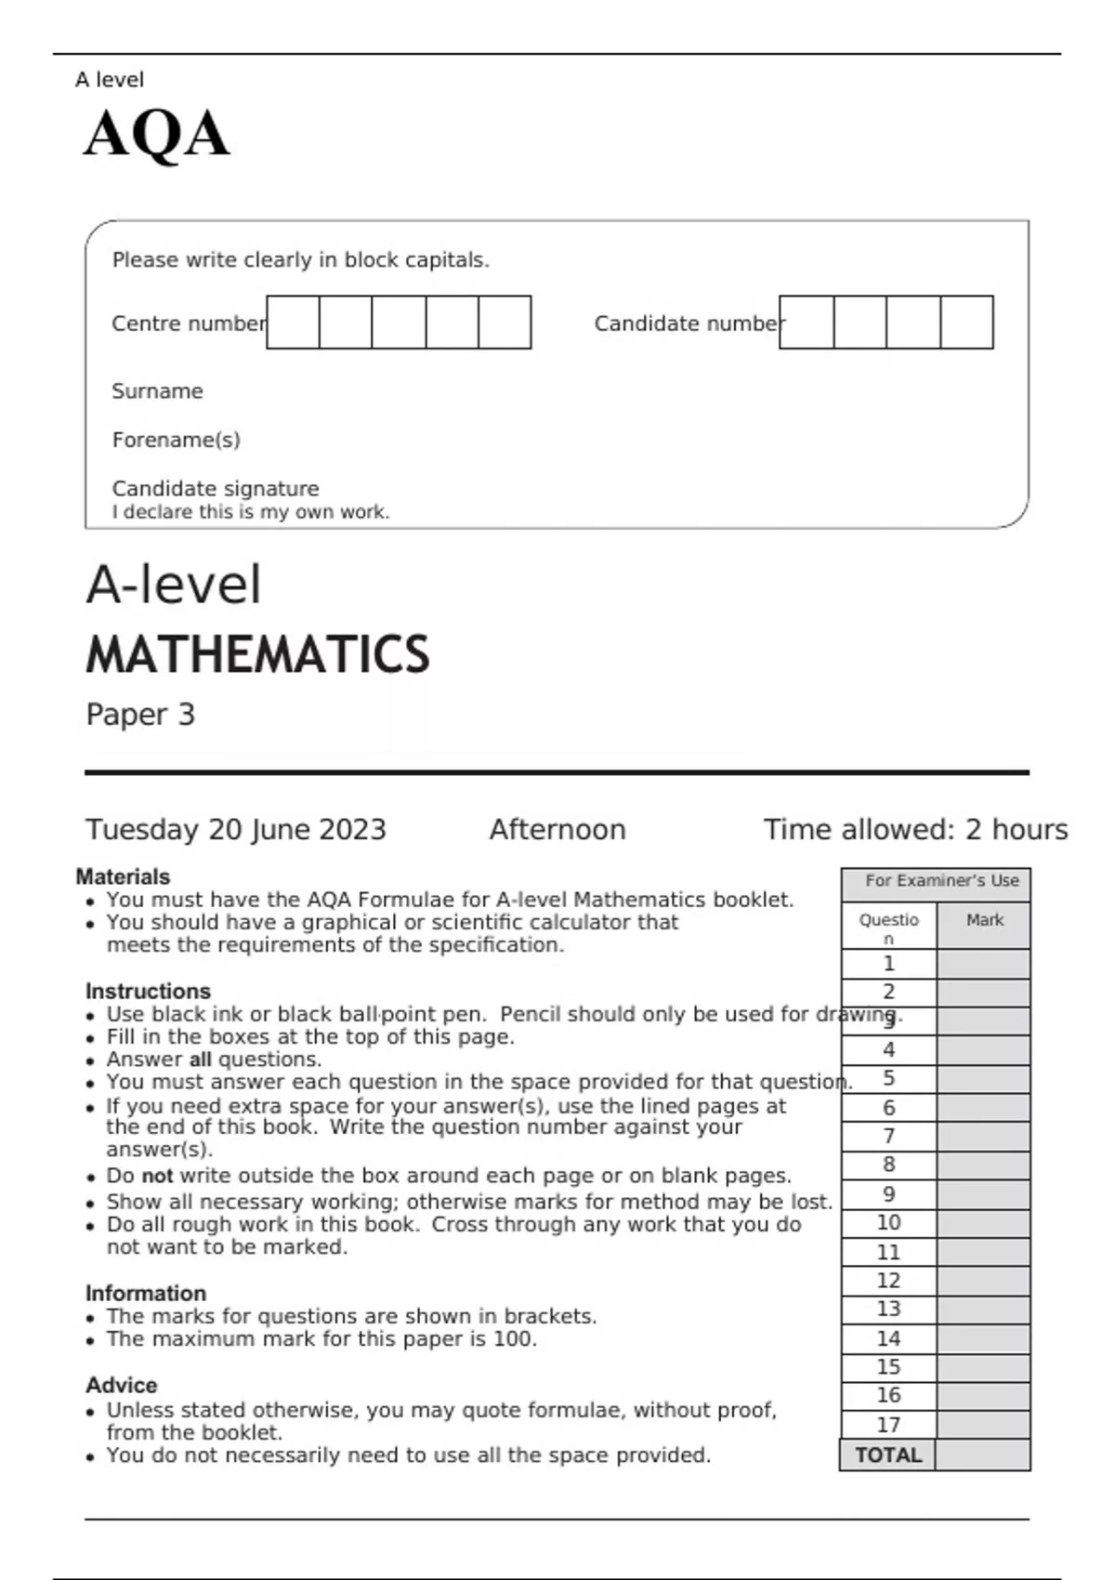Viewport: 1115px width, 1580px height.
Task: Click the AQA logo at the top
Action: (156, 134)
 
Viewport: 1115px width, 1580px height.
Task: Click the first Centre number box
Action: (293, 323)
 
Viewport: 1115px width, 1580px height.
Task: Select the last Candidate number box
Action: (966, 323)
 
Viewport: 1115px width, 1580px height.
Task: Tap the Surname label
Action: (157, 391)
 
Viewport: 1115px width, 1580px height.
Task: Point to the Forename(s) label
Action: (176, 440)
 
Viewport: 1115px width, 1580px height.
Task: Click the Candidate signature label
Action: (215, 489)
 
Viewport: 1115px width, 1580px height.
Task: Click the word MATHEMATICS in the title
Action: (257, 654)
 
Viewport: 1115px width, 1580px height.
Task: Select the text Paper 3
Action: (140, 715)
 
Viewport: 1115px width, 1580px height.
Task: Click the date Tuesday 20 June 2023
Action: (235, 829)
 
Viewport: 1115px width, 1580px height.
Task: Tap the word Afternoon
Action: (557, 829)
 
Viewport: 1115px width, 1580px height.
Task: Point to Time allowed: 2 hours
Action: (915, 829)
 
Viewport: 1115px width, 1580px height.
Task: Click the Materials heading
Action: (123, 876)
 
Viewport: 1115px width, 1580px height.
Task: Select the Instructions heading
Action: (148, 991)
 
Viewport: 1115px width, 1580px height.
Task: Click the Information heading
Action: (145, 1293)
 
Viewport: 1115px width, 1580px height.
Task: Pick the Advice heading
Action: (121, 1385)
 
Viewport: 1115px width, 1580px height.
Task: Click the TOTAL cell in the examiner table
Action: (887, 1455)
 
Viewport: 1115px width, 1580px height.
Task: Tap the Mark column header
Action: (984, 920)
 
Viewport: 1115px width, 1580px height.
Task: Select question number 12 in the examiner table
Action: (888, 1281)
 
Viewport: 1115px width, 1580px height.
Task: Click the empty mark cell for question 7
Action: (983, 1137)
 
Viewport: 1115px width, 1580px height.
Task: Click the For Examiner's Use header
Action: (941, 880)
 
